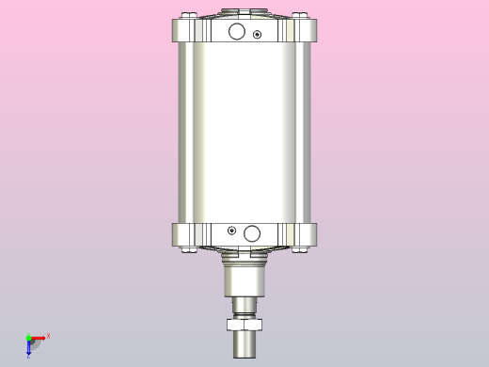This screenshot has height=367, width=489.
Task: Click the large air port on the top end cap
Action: click(x=237, y=33)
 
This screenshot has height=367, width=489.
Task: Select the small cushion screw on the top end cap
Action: click(x=258, y=35)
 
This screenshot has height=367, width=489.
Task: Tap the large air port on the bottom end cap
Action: click(x=251, y=232)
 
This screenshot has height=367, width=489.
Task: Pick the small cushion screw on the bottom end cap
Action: click(x=231, y=230)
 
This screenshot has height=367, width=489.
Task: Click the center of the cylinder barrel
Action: click(x=244, y=132)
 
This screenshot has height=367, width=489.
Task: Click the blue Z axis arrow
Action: click(x=28, y=349)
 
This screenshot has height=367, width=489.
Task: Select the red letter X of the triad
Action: click(x=48, y=335)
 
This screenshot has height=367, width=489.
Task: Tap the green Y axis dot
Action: click(x=28, y=337)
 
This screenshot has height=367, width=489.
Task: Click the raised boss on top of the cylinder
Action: click(x=244, y=13)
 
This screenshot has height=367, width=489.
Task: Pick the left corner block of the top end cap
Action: click(x=183, y=33)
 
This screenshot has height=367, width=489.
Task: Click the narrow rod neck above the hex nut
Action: click(x=244, y=308)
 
